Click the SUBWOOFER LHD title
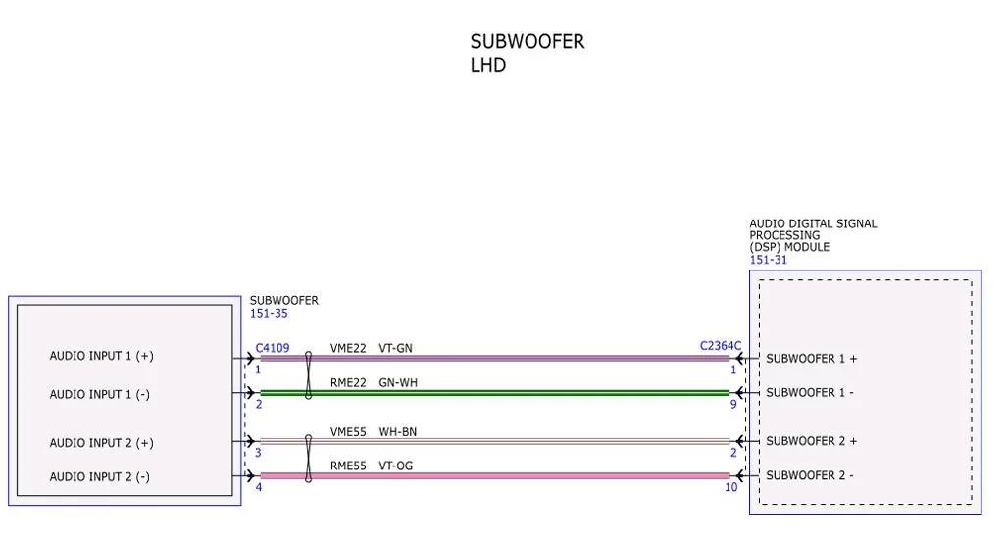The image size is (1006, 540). pos(528,53)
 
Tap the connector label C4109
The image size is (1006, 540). pos(273,348)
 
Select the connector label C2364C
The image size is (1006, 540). pos(721,346)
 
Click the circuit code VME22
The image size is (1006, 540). pos(348,348)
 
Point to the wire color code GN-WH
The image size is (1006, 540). pos(398,383)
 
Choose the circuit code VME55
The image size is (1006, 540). pos(348,432)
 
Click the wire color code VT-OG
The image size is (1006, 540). pos(396,466)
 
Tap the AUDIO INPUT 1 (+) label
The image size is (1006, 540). pos(101,356)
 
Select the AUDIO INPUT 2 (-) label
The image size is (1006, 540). pos(99,477)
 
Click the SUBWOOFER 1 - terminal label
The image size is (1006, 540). pos(810,392)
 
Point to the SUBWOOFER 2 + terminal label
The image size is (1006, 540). pos(812,441)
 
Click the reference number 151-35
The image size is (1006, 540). pos(269,314)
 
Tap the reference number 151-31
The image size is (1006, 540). pos(768,260)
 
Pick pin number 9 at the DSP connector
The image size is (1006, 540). pos(733,405)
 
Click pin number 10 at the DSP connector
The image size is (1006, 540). pos(730,487)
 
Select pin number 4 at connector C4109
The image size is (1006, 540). pos(259,487)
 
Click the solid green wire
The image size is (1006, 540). pos(494,392)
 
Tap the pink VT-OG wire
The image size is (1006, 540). pos(494,476)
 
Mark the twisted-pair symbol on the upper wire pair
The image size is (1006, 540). pos(309,375)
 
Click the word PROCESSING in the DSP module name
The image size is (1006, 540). pos(784,235)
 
